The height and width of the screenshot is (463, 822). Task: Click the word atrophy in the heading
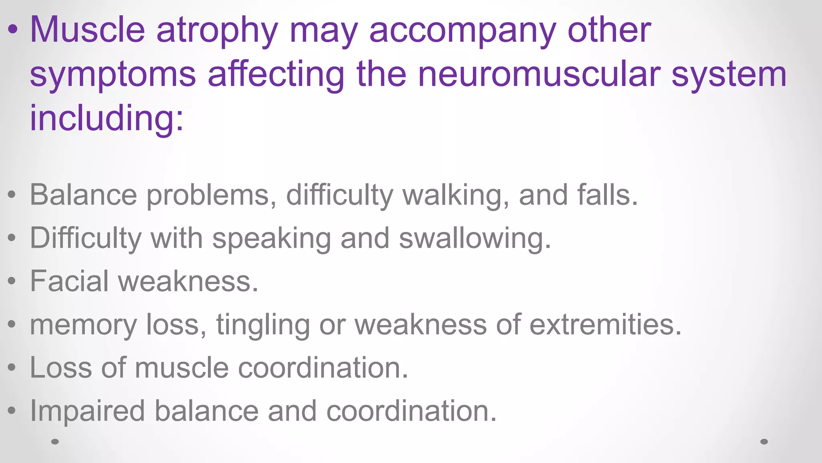pyautogui.click(x=217, y=31)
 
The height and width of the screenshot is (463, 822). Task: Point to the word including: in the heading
pyautogui.click(x=107, y=118)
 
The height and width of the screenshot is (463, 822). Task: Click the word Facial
pyautogui.click(x=69, y=281)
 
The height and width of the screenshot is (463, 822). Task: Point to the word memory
pyautogui.click(x=83, y=325)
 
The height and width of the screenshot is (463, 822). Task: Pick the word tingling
pyautogui.click(x=263, y=325)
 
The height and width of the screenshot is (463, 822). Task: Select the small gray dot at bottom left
pyautogui.click(x=55, y=442)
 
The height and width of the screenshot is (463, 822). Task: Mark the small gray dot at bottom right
pyautogui.click(x=764, y=442)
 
